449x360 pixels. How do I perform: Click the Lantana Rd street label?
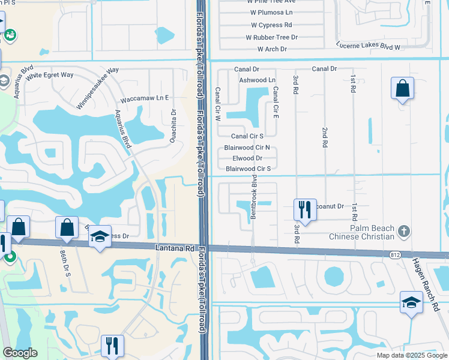tap(176, 247)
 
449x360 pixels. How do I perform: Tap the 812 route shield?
tap(394, 254)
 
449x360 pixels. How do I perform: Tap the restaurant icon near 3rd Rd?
tap(305, 210)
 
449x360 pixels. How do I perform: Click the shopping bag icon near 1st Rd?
tap(402, 89)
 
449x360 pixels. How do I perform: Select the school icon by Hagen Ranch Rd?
tap(411, 302)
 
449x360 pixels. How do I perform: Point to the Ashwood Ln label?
tap(257, 80)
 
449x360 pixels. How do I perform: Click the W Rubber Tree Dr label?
tap(272, 37)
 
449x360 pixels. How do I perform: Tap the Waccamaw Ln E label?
tap(145, 97)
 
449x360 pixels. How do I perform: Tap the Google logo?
tap(20, 353)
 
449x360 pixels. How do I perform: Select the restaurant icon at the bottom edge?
tap(112, 346)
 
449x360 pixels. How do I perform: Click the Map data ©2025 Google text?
tap(411, 355)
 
